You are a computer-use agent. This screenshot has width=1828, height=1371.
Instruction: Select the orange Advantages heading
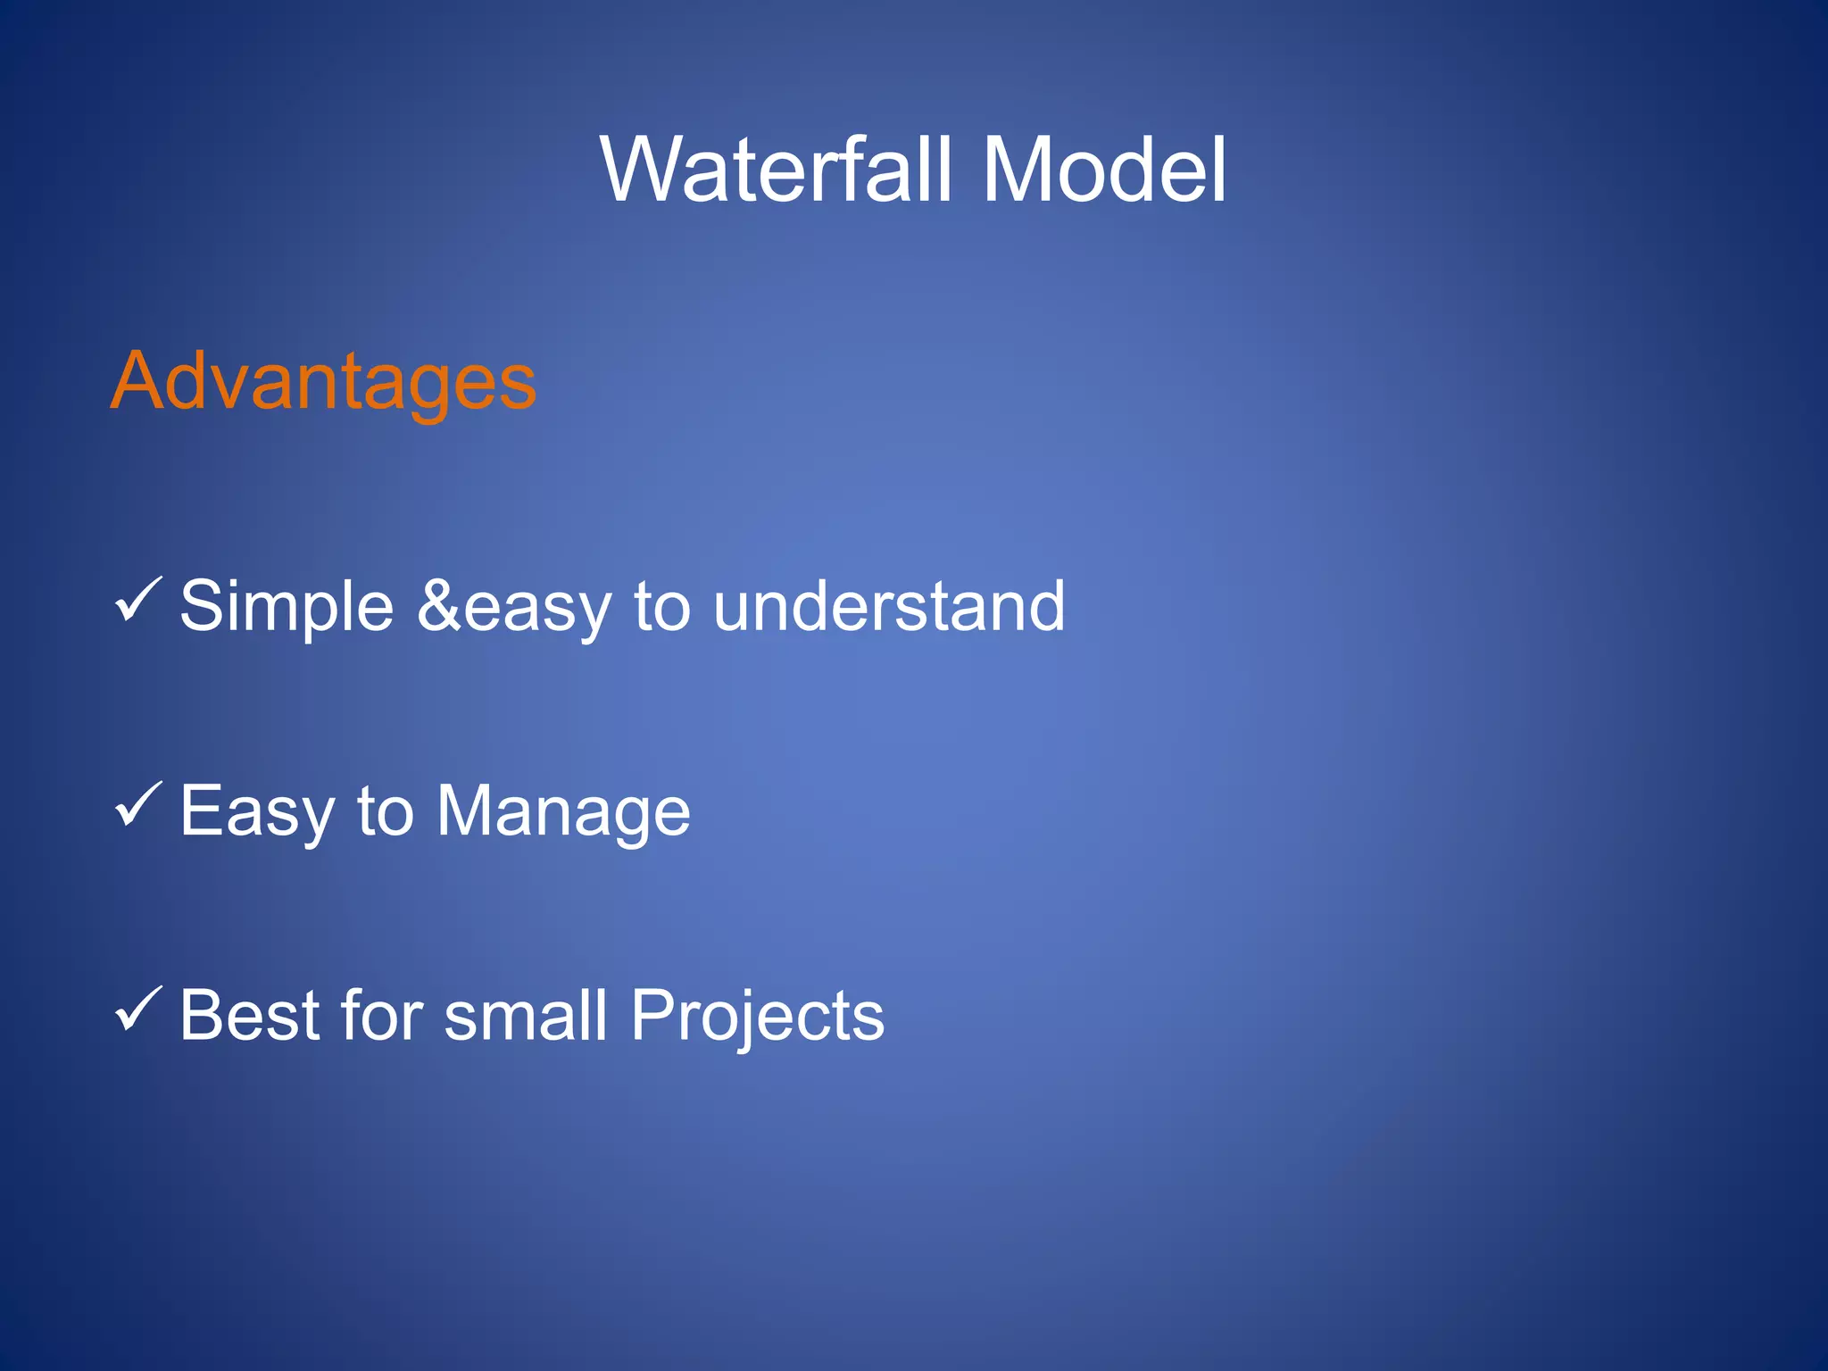323,382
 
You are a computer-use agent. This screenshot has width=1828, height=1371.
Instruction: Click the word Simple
287,607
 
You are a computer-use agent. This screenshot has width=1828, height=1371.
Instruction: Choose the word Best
249,1016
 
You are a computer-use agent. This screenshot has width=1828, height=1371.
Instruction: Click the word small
526,1016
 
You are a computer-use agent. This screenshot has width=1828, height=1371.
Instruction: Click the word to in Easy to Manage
385,810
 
